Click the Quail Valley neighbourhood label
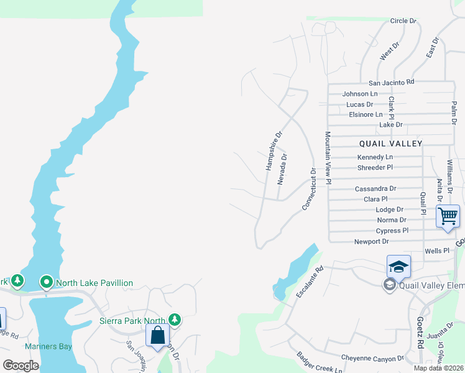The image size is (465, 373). pyautogui.click(x=390, y=144)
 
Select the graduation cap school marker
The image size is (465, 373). pyautogui.click(x=398, y=267)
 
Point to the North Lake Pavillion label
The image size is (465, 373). pyautogui.click(x=94, y=283)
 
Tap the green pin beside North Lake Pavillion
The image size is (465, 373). pyautogui.click(x=47, y=282)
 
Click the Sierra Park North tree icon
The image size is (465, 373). pyautogui.click(x=175, y=320)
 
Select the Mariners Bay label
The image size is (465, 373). pyautogui.click(x=49, y=346)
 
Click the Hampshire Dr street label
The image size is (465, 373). pyautogui.click(x=274, y=150)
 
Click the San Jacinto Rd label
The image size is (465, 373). pyautogui.click(x=391, y=82)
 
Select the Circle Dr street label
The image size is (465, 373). pyautogui.click(x=403, y=21)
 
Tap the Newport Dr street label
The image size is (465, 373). pyautogui.click(x=371, y=241)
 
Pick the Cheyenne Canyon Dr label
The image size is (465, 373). pyautogui.click(x=372, y=358)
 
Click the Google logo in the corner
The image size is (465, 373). pyautogui.click(x=21, y=365)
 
